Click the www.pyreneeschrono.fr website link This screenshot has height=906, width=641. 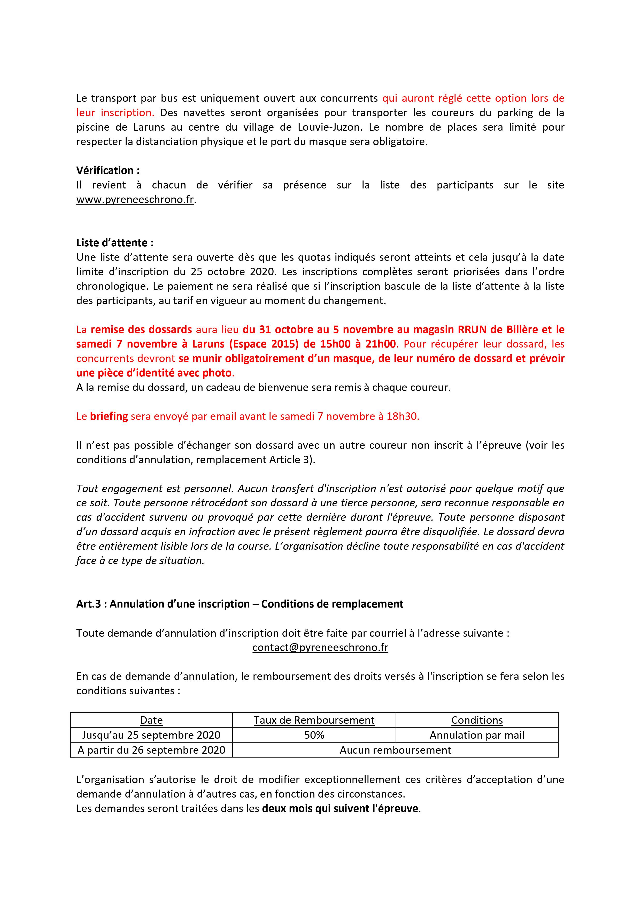[135, 200]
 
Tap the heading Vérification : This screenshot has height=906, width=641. [108, 170]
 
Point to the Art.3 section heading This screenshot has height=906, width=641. [240, 604]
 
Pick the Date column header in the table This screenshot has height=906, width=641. [151, 720]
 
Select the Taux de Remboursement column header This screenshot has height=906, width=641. [314, 720]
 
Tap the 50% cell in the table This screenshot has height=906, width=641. [314, 735]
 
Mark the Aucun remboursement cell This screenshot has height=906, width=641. [395, 750]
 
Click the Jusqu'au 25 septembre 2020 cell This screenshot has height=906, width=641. [151, 735]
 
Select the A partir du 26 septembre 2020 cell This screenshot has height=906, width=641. [151, 750]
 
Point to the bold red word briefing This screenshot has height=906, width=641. [109, 416]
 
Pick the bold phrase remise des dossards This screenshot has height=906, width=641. [141, 329]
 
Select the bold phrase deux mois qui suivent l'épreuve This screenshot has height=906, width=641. [340, 809]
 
